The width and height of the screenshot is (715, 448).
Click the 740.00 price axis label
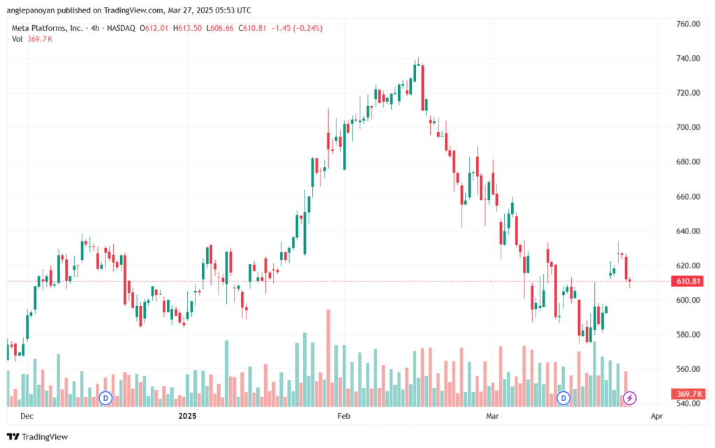[x=688, y=59]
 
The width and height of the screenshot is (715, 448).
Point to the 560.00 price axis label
[x=688, y=369]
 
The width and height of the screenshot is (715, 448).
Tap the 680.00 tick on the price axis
[x=688, y=162]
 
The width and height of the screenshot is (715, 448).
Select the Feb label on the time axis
[x=344, y=416]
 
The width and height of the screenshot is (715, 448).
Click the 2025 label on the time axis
[x=187, y=416]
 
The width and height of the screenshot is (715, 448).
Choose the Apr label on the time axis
[x=656, y=416]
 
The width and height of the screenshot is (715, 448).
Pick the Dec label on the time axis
[x=27, y=416]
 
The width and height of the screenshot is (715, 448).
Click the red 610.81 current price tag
[x=688, y=282]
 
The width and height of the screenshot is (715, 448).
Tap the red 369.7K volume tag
[x=688, y=393]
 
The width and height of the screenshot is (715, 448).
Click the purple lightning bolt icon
[x=630, y=398]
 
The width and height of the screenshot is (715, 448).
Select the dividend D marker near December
[x=106, y=398]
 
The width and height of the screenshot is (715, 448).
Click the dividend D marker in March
[x=563, y=398]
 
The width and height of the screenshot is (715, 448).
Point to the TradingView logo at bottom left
[x=38, y=437]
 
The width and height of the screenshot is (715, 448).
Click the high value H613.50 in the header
[x=187, y=28]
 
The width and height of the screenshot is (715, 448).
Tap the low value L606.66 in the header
[x=220, y=28]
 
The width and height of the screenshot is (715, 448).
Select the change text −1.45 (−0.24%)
[x=297, y=28]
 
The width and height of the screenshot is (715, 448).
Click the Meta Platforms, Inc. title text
[x=47, y=28]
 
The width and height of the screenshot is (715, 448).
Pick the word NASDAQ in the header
[x=121, y=28]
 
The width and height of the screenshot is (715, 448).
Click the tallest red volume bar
[x=328, y=358]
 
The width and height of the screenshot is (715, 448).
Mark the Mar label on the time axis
[x=492, y=416]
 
